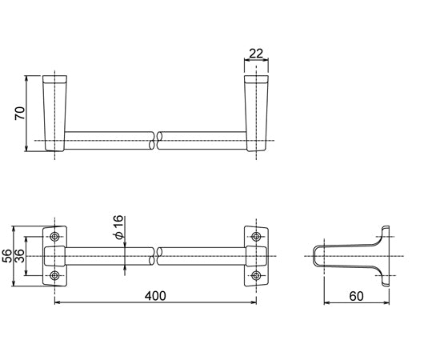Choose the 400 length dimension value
point(155,295)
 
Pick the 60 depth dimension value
point(355,295)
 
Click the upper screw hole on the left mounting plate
point(54,238)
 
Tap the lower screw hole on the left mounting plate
point(54,276)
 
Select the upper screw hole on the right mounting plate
point(256,238)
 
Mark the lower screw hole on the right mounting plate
point(256,276)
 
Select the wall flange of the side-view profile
point(386,256)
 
